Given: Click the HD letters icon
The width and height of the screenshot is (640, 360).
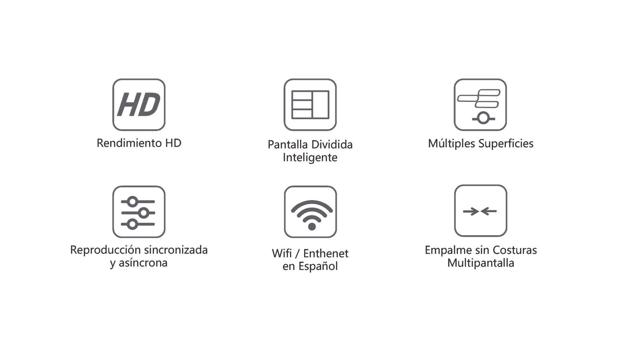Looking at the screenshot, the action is tap(139, 104).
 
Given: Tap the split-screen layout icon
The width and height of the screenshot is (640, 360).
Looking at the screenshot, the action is tap(310, 104).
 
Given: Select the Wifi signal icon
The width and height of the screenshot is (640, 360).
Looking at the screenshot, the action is tap(310, 212).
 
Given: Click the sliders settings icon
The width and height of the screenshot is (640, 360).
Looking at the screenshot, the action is tap(139, 212).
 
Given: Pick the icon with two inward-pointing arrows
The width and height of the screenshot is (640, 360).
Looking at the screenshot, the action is tap(480, 211).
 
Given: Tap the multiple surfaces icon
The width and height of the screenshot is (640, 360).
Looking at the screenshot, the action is tap(480, 104).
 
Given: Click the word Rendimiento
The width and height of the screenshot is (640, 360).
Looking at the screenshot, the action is tap(130, 143).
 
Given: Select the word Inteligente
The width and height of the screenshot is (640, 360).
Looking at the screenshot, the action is tap(310, 158).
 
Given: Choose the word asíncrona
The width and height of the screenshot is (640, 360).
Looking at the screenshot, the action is tap(143, 263).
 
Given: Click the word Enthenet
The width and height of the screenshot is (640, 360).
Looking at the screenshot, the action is tap(326, 254).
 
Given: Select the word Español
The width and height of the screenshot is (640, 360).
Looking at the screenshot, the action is tap(318, 266).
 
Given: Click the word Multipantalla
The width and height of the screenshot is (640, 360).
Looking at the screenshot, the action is tap(480, 263).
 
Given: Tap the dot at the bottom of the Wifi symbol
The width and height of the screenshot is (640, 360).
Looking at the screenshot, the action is tap(312, 227).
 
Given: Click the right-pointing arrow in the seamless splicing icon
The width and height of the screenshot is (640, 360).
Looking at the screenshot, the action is tap(471, 212).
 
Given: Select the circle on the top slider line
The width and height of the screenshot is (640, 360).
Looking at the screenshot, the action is tap(132, 202).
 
